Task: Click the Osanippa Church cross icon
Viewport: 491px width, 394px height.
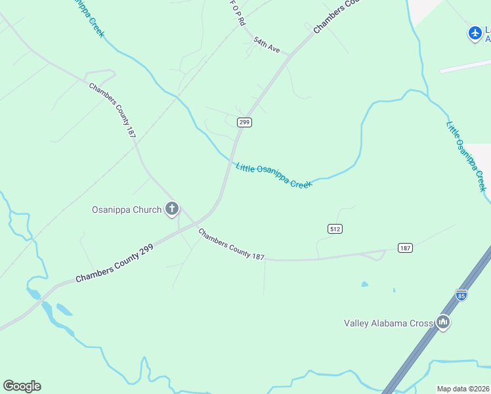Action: point(172,209)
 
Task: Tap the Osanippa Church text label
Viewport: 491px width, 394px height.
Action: point(126,210)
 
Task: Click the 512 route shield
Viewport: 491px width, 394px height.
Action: point(335,229)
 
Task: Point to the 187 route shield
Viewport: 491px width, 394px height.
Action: point(405,248)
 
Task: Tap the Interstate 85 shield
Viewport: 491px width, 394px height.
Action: point(461,295)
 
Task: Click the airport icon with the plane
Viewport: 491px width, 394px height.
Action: point(475,32)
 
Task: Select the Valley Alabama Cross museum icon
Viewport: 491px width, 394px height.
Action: point(443,322)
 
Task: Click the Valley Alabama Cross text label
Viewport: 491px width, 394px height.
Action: point(389,322)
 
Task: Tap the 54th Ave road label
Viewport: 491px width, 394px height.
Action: point(267,45)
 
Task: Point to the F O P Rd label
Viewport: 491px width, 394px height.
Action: point(238,12)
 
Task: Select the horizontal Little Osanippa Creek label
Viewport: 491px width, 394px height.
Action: point(273,175)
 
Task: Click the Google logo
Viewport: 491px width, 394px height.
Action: point(22,386)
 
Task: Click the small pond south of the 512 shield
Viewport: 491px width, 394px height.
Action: point(364,285)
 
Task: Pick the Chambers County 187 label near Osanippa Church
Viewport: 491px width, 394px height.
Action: point(231,244)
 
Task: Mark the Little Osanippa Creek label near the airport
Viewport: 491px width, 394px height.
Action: point(467,156)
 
